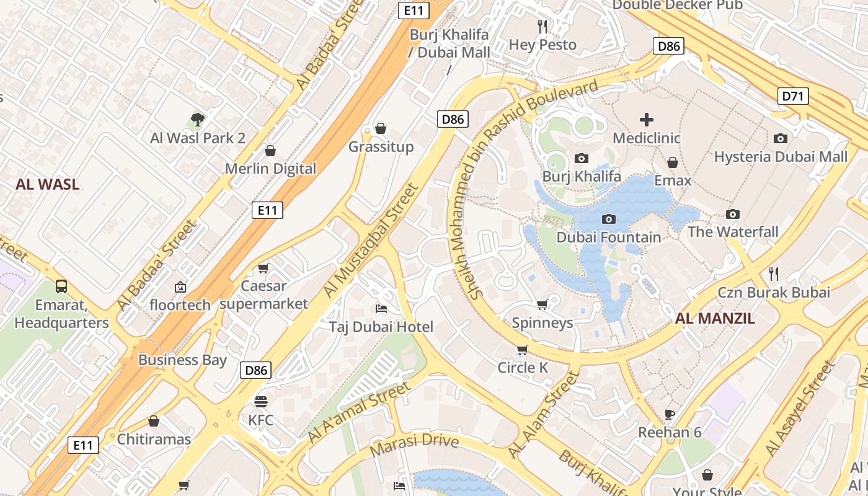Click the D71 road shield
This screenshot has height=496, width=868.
tap(793, 96)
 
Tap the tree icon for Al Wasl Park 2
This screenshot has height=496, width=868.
tap(198, 119)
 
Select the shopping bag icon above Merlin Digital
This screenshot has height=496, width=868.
tap(270, 151)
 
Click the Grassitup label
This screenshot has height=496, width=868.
tap(381, 147)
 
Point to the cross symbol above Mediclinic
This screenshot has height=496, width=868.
tap(647, 119)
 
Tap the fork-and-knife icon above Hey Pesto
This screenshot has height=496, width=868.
tap(542, 26)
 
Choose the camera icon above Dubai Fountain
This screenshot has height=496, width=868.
tap(609, 219)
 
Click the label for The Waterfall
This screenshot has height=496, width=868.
tap(733, 232)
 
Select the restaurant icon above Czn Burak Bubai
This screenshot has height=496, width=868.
tap(774, 273)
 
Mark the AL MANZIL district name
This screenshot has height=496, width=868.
tap(715, 319)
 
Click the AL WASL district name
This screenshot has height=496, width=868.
tap(48, 184)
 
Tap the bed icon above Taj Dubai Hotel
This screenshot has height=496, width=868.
tap(381, 308)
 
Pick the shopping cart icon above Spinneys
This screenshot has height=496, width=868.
tap(542, 304)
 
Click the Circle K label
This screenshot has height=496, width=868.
tap(523, 368)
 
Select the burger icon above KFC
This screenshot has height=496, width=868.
tap(260, 401)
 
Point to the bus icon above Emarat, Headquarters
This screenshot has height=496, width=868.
tap(61, 286)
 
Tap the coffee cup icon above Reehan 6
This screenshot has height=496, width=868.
tap(670, 414)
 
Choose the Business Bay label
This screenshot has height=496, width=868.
tap(182, 360)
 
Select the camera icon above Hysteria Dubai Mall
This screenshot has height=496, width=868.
tap(781, 138)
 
